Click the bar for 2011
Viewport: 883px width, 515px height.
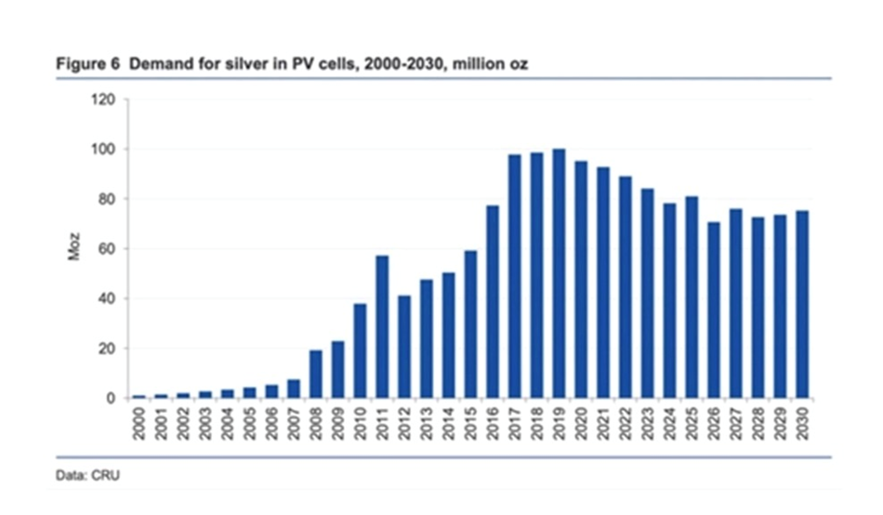click(381, 326)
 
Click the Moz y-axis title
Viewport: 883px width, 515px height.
click(75, 248)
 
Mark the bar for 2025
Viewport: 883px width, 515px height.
click(692, 297)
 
